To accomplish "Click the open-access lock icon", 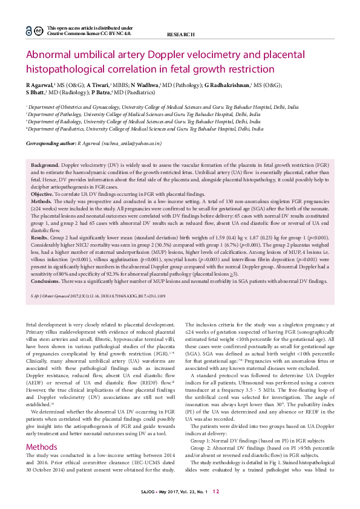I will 28,31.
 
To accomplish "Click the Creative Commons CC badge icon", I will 38,31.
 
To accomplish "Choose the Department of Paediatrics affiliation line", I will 145,129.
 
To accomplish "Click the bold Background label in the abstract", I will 45,165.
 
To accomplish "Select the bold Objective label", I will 42,194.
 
